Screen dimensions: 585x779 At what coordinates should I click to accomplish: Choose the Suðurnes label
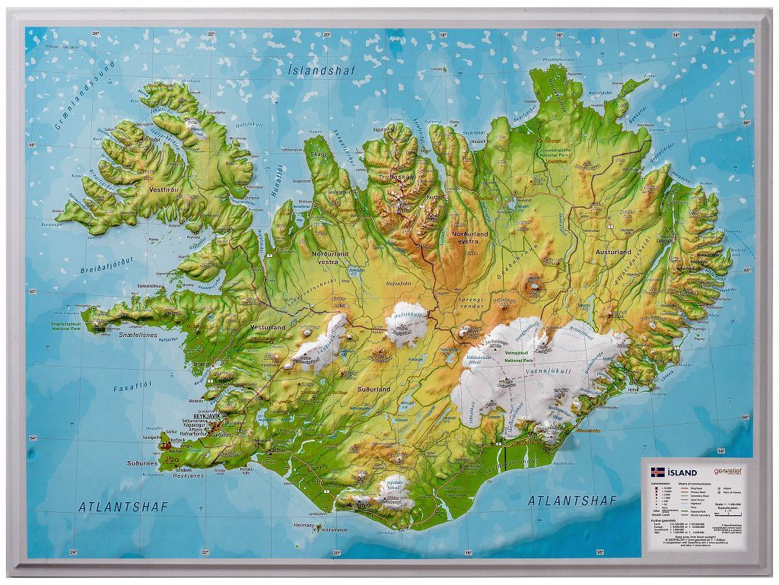point(142,463)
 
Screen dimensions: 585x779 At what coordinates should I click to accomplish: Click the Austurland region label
point(613,252)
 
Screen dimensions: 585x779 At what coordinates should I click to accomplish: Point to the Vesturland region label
point(267,327)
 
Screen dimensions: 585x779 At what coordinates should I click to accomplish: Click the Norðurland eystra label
point(470,237)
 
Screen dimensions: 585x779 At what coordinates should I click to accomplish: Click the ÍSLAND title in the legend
point(680,471)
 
